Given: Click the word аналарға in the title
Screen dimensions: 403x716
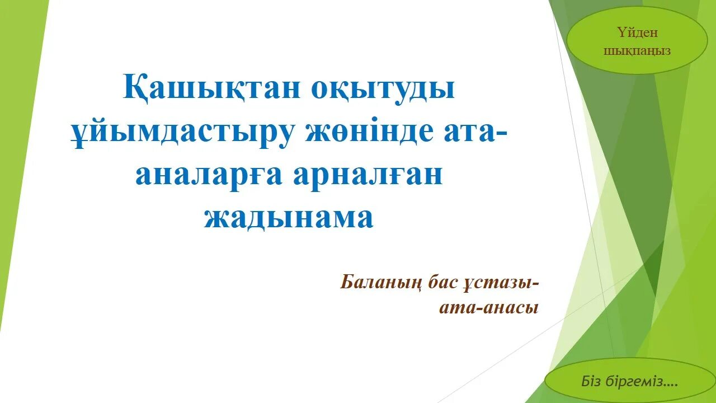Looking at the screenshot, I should click(x=208, y=175).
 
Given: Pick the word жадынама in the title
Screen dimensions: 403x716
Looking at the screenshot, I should click(x=289, y=217).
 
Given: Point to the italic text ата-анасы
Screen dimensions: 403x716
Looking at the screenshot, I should click(x=489, y=307).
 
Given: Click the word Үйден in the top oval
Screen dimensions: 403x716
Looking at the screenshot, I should click(x=637, y=32).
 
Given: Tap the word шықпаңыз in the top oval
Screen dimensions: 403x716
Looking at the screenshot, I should click(x=637, y=50).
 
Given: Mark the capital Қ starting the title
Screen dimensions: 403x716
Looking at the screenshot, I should click(x=133, y=88).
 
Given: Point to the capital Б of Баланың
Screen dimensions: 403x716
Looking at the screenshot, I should click(x=347, y=283).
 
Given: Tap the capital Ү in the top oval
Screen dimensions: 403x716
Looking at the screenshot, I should click(x=621, y=32).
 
